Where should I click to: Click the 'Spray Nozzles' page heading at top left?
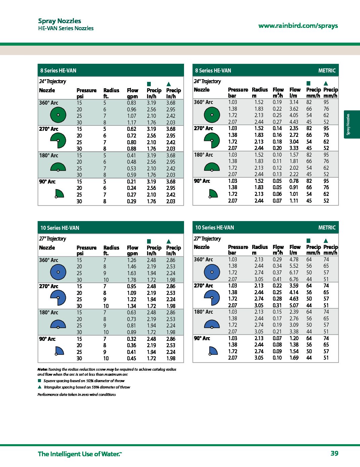59,21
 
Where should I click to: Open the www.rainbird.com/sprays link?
298,26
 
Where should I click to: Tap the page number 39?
334,453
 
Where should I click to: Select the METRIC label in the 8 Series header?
327,70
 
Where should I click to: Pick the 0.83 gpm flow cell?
132,103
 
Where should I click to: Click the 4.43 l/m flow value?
294,122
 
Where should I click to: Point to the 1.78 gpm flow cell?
132,280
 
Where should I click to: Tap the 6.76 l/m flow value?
294,279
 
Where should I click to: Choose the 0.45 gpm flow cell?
132,358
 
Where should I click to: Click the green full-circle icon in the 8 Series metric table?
212,115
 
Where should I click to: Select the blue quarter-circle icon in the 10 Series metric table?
213,351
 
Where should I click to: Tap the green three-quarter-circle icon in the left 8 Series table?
58,141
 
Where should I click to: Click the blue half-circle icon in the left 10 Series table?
58,324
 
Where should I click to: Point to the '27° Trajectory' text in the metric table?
207,239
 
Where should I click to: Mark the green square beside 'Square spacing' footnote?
39,381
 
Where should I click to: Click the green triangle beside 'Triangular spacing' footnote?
39,387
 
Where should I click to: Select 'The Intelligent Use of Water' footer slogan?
80,454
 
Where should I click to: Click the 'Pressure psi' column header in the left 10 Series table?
86,250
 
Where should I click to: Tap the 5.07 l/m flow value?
294,305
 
